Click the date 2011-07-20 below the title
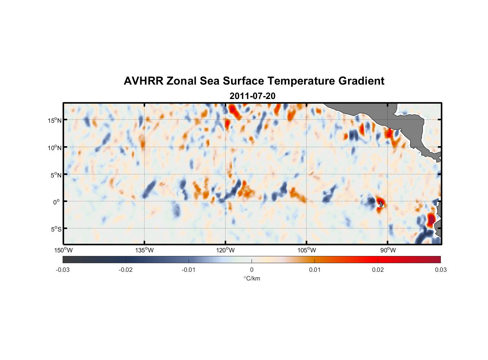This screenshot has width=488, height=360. pos(252,96)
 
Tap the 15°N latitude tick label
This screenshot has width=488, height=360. pos(55,120)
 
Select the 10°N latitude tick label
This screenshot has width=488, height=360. pos(55,148)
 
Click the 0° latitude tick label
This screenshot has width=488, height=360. pos(57,202)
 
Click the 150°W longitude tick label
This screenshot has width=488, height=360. pos(63,250)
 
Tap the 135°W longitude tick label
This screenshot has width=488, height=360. pos(144,250)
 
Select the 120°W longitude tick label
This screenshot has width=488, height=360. pos(225,250)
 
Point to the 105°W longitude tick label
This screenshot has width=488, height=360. pos(307,250)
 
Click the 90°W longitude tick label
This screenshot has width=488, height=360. pos(388,250)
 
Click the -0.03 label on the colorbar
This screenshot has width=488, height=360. pos(63,270)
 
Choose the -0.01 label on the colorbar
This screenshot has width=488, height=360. pos(189,270)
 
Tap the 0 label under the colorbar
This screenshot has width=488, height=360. pos(252,270)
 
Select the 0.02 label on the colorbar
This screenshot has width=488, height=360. pos(378,270)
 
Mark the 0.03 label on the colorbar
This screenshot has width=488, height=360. pos(440,270)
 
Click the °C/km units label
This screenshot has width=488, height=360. pos(252,278)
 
